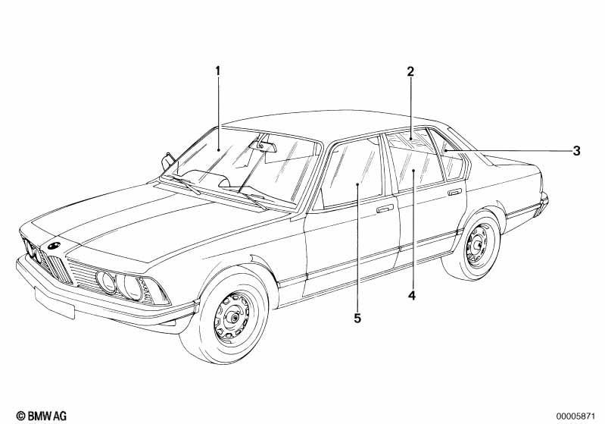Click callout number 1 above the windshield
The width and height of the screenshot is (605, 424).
coord(217,71)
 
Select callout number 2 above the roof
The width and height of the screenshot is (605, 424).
coord(410,71)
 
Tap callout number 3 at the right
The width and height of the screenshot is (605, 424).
coord(576,150)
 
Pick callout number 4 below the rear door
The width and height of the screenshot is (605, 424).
coord(412,296)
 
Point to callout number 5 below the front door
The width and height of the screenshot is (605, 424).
coord(357,318)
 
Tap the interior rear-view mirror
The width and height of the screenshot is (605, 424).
coord(263,145)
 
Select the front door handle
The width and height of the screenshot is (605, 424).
coord(385,209)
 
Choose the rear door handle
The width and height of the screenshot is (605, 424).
coord(454,192)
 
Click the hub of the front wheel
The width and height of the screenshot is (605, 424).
coord(233,318)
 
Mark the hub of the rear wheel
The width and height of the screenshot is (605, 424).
coord(479,245)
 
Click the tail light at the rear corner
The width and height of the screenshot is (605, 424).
coord(542,203)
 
